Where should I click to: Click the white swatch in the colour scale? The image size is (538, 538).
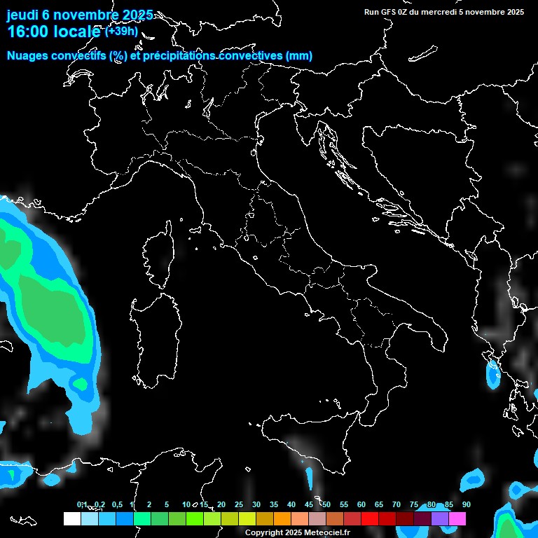tap(71, 518)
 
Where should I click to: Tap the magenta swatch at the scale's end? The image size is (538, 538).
tap(457, 518)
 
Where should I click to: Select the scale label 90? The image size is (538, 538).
tap(466, 504)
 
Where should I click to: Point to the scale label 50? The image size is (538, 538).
tap(326, 504)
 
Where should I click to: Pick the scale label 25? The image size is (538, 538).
tap(238, 504)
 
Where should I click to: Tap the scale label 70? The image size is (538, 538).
tap(396, 504)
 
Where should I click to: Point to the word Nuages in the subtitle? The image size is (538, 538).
tap(27, 56)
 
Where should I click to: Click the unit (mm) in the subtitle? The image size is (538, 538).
tap(299, 56)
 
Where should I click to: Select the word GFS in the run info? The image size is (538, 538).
tap(389, 12)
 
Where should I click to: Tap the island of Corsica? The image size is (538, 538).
tap(159, 256)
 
